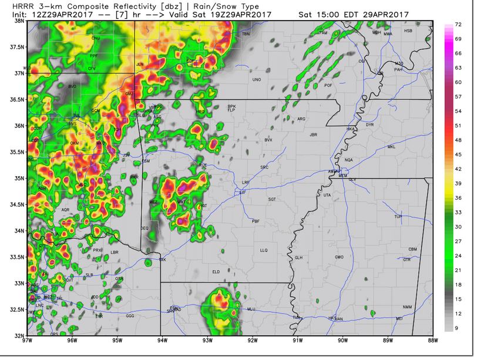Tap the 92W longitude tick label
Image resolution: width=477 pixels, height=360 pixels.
(x=252, y=340)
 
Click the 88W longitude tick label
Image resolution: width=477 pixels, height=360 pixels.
(x=434, y=340)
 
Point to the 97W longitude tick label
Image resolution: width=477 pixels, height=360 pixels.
(x=26, y=340)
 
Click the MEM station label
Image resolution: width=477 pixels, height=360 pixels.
(x=343, y=176)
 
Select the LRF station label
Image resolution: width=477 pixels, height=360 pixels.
(x=246, y=183)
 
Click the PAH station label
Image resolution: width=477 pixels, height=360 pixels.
(x=399, y=69)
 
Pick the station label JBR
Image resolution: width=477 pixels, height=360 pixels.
(x=313, y=134)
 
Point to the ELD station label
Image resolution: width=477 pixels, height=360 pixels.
(x=216, y=271)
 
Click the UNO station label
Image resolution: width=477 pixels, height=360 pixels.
(x=256, y=79)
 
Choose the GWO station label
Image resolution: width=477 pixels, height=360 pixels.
(x=339, y=257)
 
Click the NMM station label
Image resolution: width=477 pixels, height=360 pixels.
(x=407, y=307)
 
